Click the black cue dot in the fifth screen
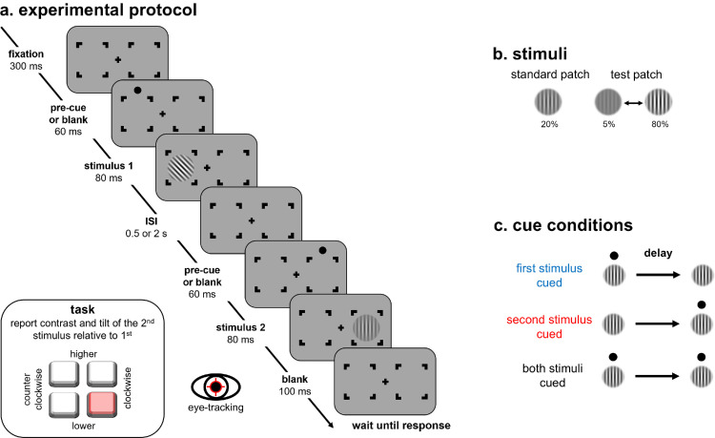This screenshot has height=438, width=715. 323,250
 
